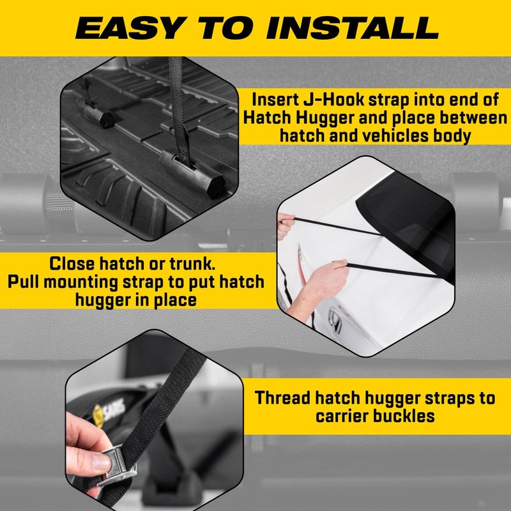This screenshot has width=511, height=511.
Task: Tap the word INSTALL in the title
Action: (x=353, y=28)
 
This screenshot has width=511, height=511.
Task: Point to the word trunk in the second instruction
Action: (x=192, y=264)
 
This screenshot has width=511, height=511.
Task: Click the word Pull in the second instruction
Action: (x=23, y=282)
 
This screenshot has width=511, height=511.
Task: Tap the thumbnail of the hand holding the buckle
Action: (x=101, y=462)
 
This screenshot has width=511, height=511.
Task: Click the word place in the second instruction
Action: (x=176, y=300)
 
